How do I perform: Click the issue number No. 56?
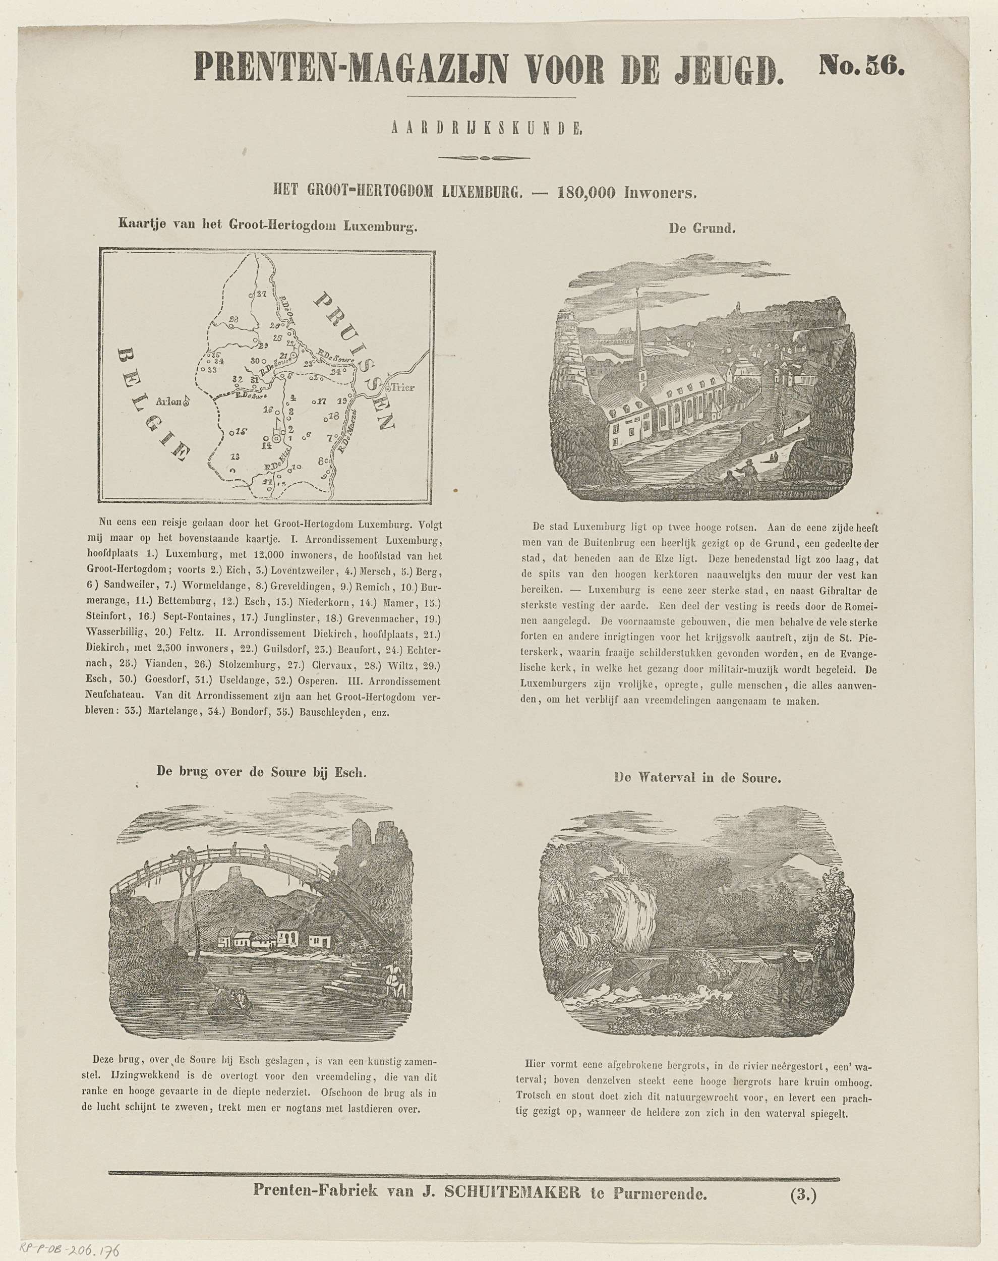(861, 66)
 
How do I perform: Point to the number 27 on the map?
(261, 294)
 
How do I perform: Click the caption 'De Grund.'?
(702, 229)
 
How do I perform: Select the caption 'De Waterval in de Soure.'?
(697, 778)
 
